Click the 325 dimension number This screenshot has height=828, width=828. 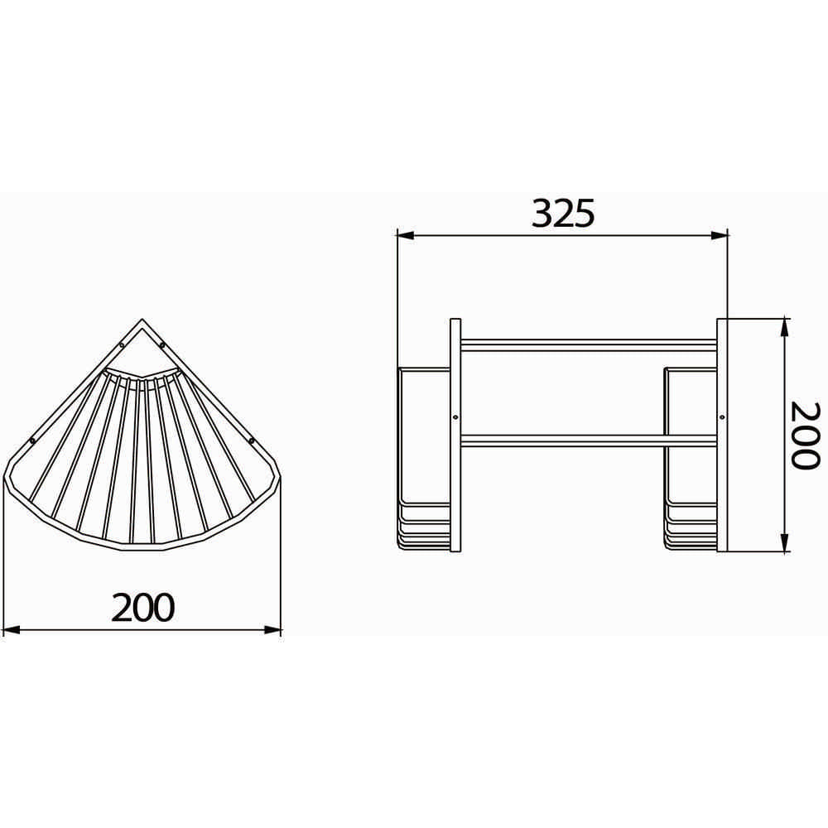[x=563, y=214]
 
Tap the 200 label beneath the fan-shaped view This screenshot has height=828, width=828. [x=144, y=608]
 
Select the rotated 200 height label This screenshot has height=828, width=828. [x=803, y=436]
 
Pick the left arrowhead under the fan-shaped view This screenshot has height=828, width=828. [x=12, y=631]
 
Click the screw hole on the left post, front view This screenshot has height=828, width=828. [x=456, y=416]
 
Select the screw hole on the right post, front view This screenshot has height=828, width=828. [x=721, y=416]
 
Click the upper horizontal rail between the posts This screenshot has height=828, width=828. [x=589, y=342]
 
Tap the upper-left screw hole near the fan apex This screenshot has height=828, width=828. [x=122, y=345]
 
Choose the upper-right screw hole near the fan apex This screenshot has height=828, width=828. [x=162, y=345]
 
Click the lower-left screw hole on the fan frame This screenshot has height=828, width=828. [x=32, y=440]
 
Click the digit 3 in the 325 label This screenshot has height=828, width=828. [x=542, y=214]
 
